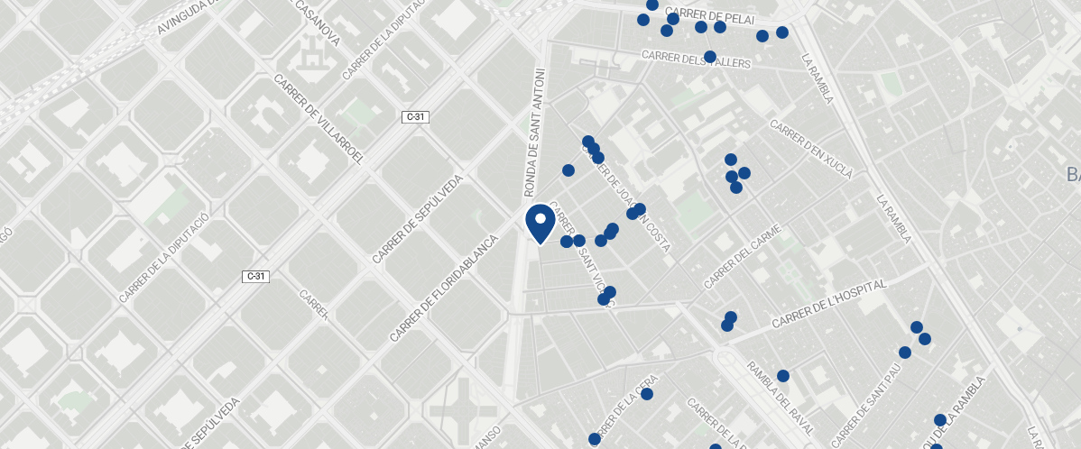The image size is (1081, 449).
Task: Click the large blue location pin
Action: pyautogui.click(x=540, y=222)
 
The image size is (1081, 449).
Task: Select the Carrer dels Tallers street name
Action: pyautogui.click(x=696, y=60)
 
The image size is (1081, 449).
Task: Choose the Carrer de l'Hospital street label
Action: pyautogui.click(x=830, y=305)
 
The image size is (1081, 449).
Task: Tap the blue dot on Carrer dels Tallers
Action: pyautogui.click(x=710, y=57)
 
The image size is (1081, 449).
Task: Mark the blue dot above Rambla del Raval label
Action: pyautogui.click(x=783, y=376)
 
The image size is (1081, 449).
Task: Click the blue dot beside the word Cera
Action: pyautogui.click(x=647, y=394)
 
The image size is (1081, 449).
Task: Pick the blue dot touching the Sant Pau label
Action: pyautogui.click(x=905, y=353)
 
